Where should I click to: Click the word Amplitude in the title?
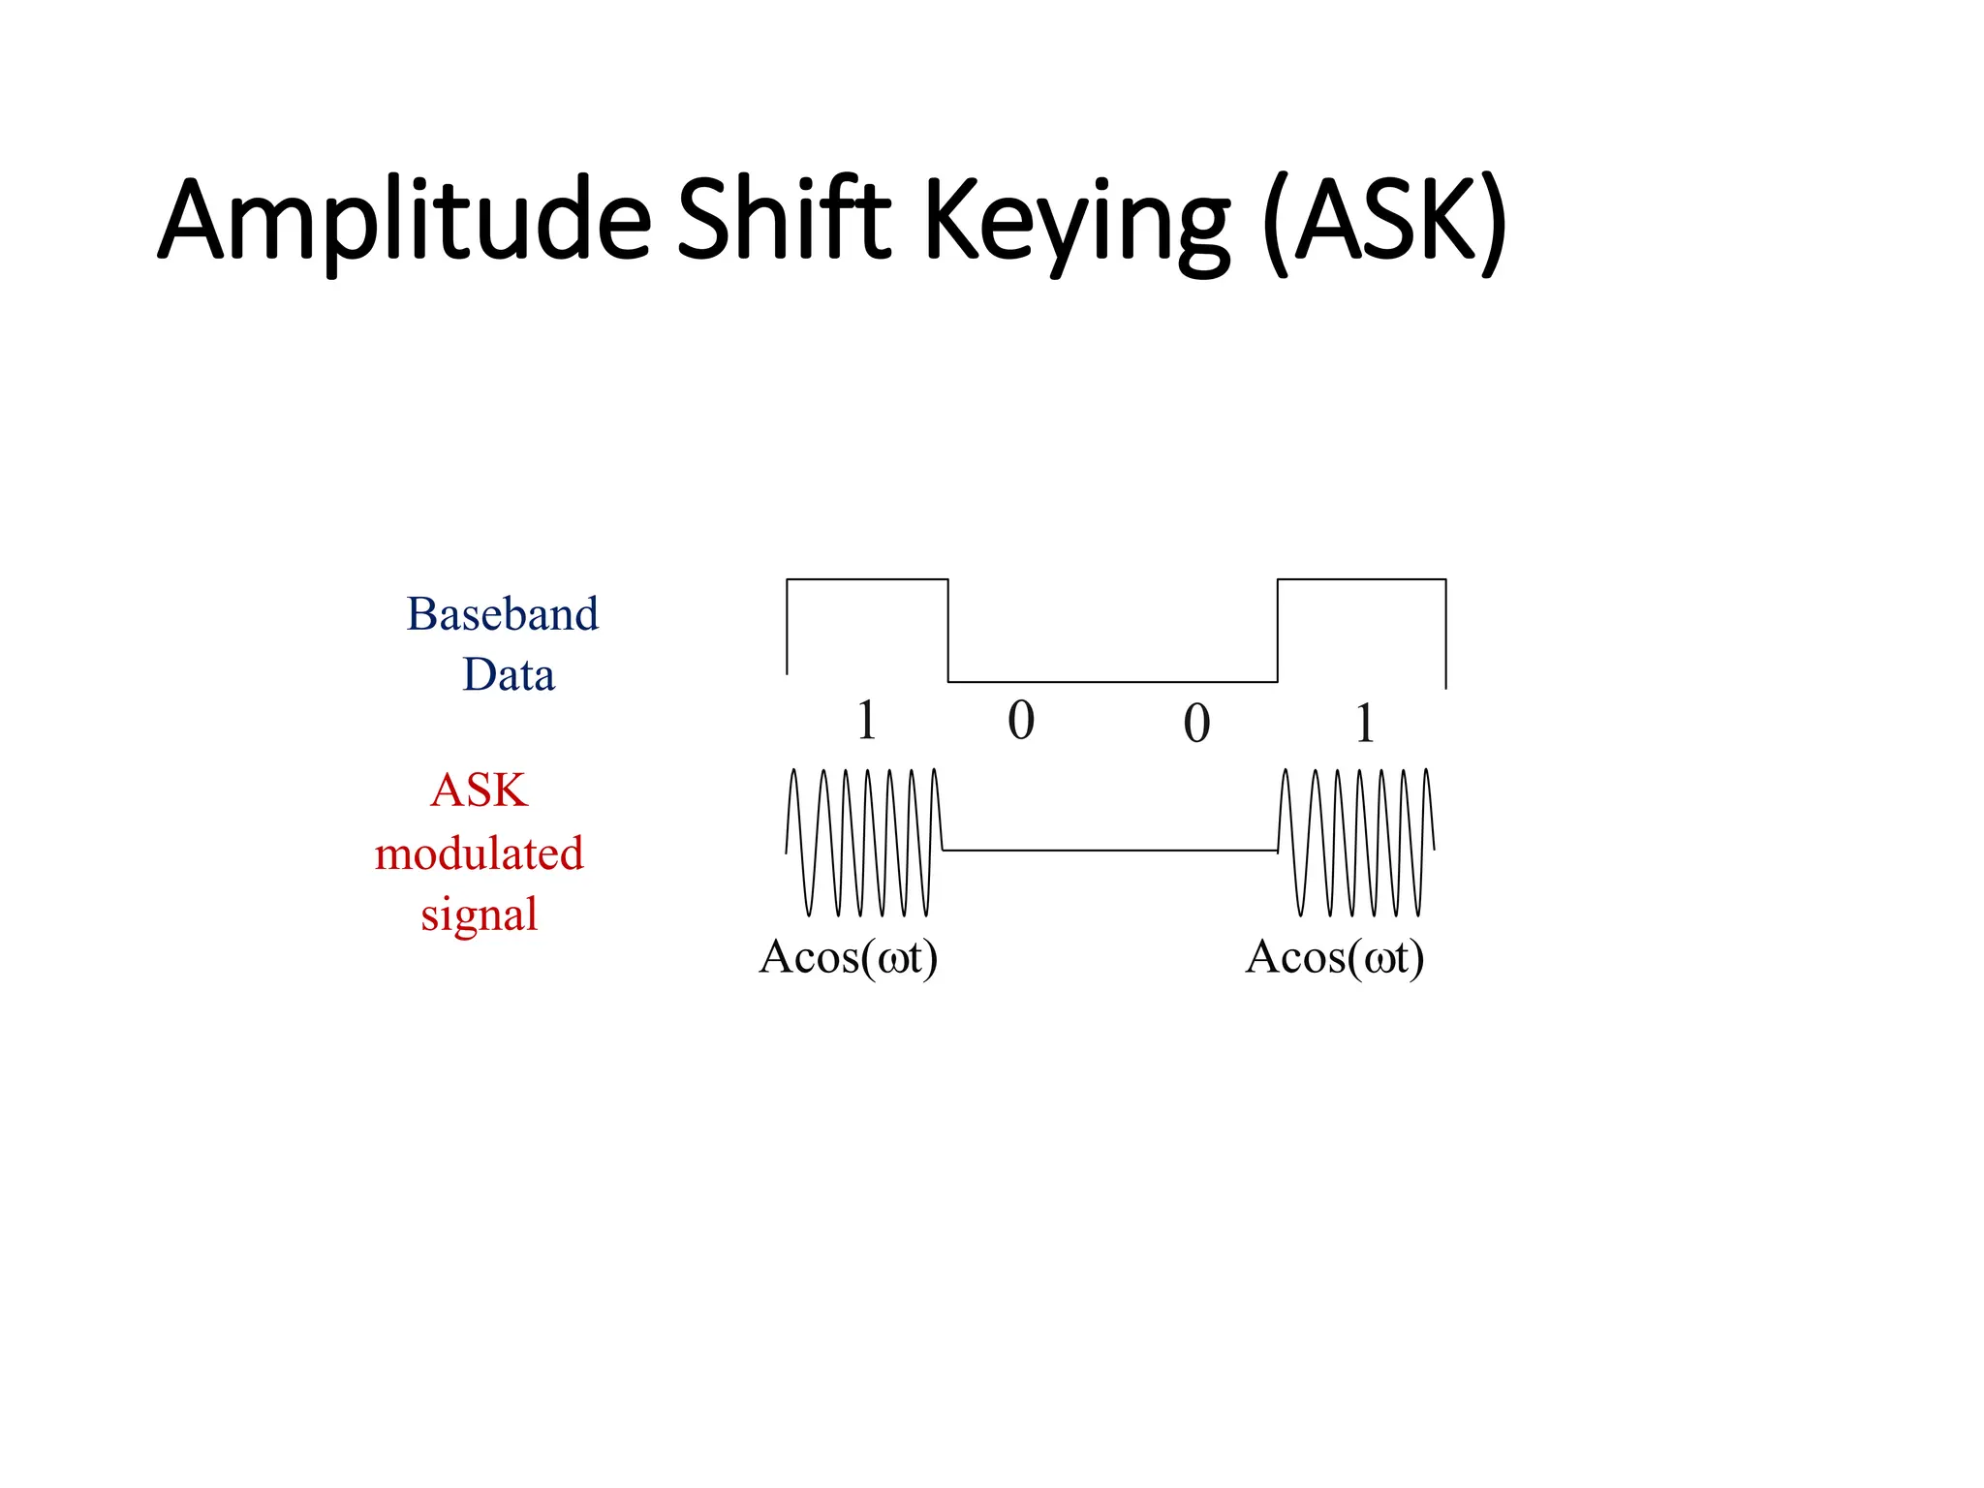pos(405,221)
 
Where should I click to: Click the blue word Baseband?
pos(502,614)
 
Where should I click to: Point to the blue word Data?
pos(509,674)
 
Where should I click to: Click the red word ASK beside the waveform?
pos(479,790)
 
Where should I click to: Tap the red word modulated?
pos(479,853)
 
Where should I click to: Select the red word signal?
pos(479,914)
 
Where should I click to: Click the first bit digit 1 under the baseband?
pos(867,721)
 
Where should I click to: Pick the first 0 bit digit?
pos(1021,721)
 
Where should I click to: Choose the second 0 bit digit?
pos(1196,724)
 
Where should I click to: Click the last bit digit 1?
pos(1364,724)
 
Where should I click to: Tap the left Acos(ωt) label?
pos(849,958)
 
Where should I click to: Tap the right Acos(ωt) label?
pos(1335,958)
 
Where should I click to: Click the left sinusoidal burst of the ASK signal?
pos(862,843)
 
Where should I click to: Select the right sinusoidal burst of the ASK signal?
pos(1356,843)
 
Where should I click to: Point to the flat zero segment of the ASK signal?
pos(1109,851)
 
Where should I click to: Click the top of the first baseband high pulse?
pos(867,579)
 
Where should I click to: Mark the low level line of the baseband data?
pos(1112,682)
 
